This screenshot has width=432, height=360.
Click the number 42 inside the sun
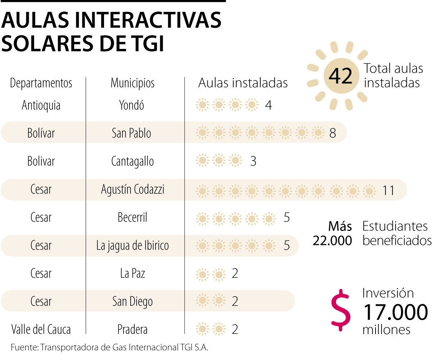pyautogui.click(x=340, y=76)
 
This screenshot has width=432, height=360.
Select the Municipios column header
pyautogui.click(x=132, y=83)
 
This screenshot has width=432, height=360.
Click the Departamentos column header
pyautogui.click(x=41, y=83)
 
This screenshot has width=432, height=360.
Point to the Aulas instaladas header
pyautogui.click(x=243, y=83)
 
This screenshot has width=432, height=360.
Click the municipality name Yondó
pyautogui.click(x=131, y=105)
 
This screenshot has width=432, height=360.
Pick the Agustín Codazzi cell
pyautogui.click(x=132, y=190)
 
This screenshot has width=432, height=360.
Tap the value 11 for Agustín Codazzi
pyautogui.click(x=388, y=190)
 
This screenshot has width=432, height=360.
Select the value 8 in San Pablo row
pyautogui.click(x=333, y=133)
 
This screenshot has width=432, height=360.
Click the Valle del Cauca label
pyautogui.click(x=41, y=329)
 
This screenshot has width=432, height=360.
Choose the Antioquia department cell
pyautogui.click(x=41, y=105)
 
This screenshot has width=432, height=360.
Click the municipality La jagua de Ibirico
pyautogui.click(x=132, y=246)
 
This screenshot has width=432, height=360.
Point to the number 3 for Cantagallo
pyautogui.click(x=253, y=161)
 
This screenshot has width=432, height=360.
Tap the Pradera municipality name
pyautogui.click(x=132, y=329)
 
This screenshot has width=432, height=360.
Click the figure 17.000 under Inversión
pyautogui.click(x=395, y=312)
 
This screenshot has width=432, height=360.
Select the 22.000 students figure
pyautogui.click(x=332, y=241)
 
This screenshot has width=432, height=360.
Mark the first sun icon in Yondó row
pyautogui.click(x=202, y=105)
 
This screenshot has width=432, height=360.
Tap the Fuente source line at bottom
pyautogui.click(x=110, y=347)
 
